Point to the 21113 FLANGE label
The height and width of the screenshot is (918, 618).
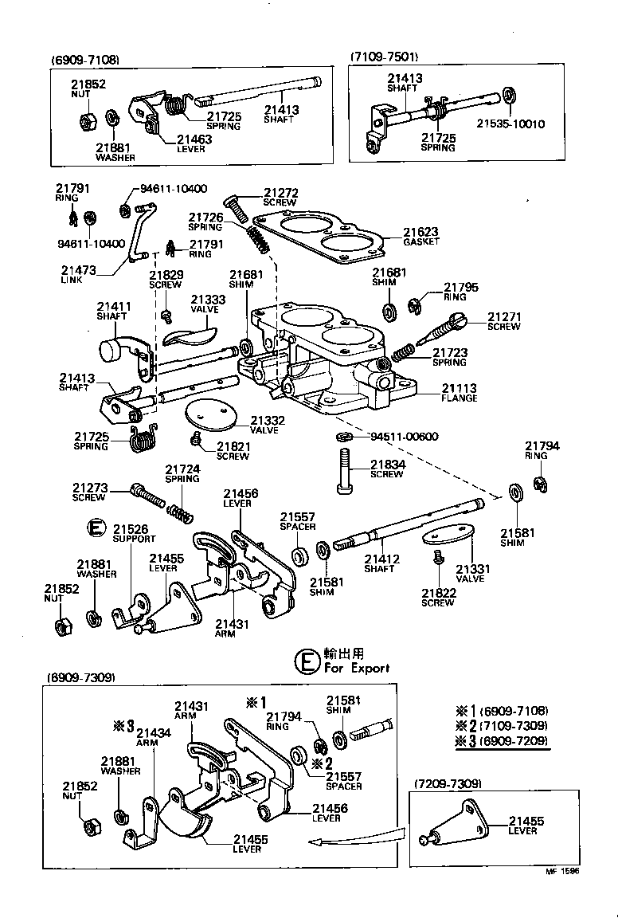460,393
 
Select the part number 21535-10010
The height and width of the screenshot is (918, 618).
510,124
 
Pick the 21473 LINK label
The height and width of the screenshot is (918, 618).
77,275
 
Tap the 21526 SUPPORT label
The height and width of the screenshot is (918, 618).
134,533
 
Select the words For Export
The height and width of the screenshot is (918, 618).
356,668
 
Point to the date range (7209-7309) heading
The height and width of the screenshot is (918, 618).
447,784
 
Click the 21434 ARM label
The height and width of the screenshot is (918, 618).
152,737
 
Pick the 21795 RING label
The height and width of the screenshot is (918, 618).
460,292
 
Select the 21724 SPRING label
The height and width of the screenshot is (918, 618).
182,474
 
